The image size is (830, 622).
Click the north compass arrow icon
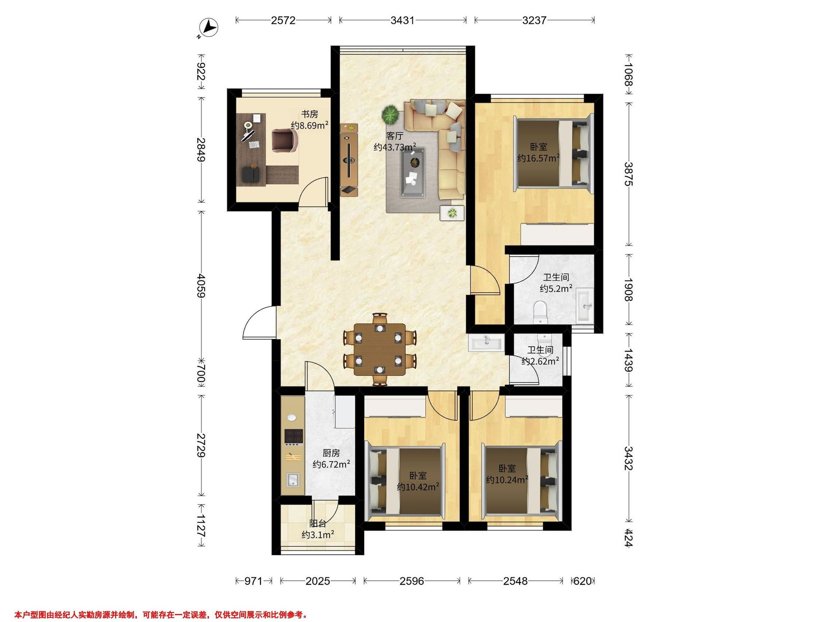209,27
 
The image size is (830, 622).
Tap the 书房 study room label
310,114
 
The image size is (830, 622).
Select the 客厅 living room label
394,136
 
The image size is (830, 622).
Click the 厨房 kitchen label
331,453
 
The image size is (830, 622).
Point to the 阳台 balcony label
317,524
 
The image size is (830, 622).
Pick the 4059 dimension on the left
202,286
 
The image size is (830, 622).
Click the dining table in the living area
380,349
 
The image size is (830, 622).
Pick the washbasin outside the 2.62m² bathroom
486,342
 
